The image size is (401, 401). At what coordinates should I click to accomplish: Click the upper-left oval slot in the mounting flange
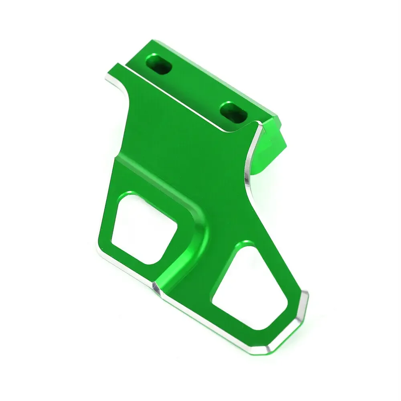click(x=160, y=65)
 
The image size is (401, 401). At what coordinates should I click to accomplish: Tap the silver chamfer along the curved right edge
click(x=249, y=168)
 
